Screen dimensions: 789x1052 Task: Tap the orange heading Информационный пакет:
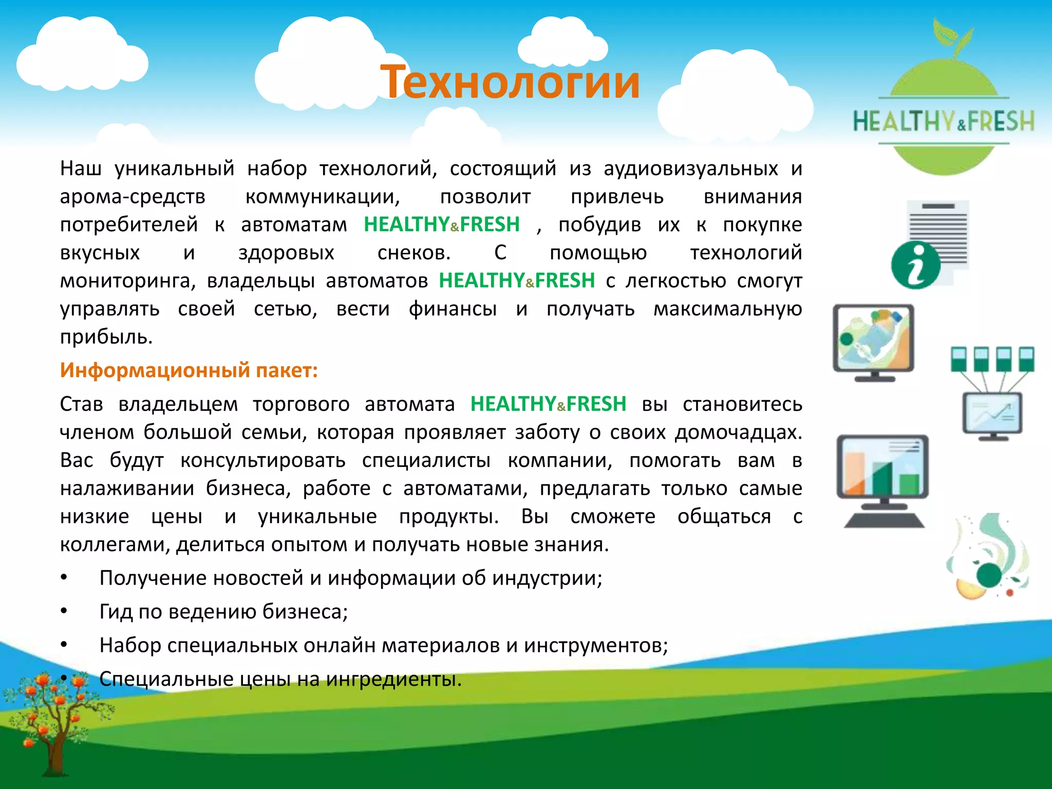(189, 370)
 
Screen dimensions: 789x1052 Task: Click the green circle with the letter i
(915, 265)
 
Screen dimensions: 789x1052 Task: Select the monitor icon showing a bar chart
(882, 466)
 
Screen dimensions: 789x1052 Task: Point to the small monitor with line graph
(992, 414)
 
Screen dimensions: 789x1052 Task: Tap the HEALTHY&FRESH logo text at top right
(943, 122)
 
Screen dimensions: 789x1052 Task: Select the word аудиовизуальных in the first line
(690, 169)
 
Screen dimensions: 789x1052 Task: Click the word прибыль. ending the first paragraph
(106, 337)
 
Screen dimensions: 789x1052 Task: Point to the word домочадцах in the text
(738, 433)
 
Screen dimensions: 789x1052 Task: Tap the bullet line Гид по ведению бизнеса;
(223, 612)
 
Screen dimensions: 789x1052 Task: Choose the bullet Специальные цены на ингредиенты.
(280, 679)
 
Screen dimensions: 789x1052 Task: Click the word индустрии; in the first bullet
(547, 578)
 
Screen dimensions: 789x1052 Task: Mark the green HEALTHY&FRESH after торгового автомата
(548, 404)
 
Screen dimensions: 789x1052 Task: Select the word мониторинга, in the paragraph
(128, 281)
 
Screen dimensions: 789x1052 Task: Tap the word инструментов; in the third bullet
(596, 646)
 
